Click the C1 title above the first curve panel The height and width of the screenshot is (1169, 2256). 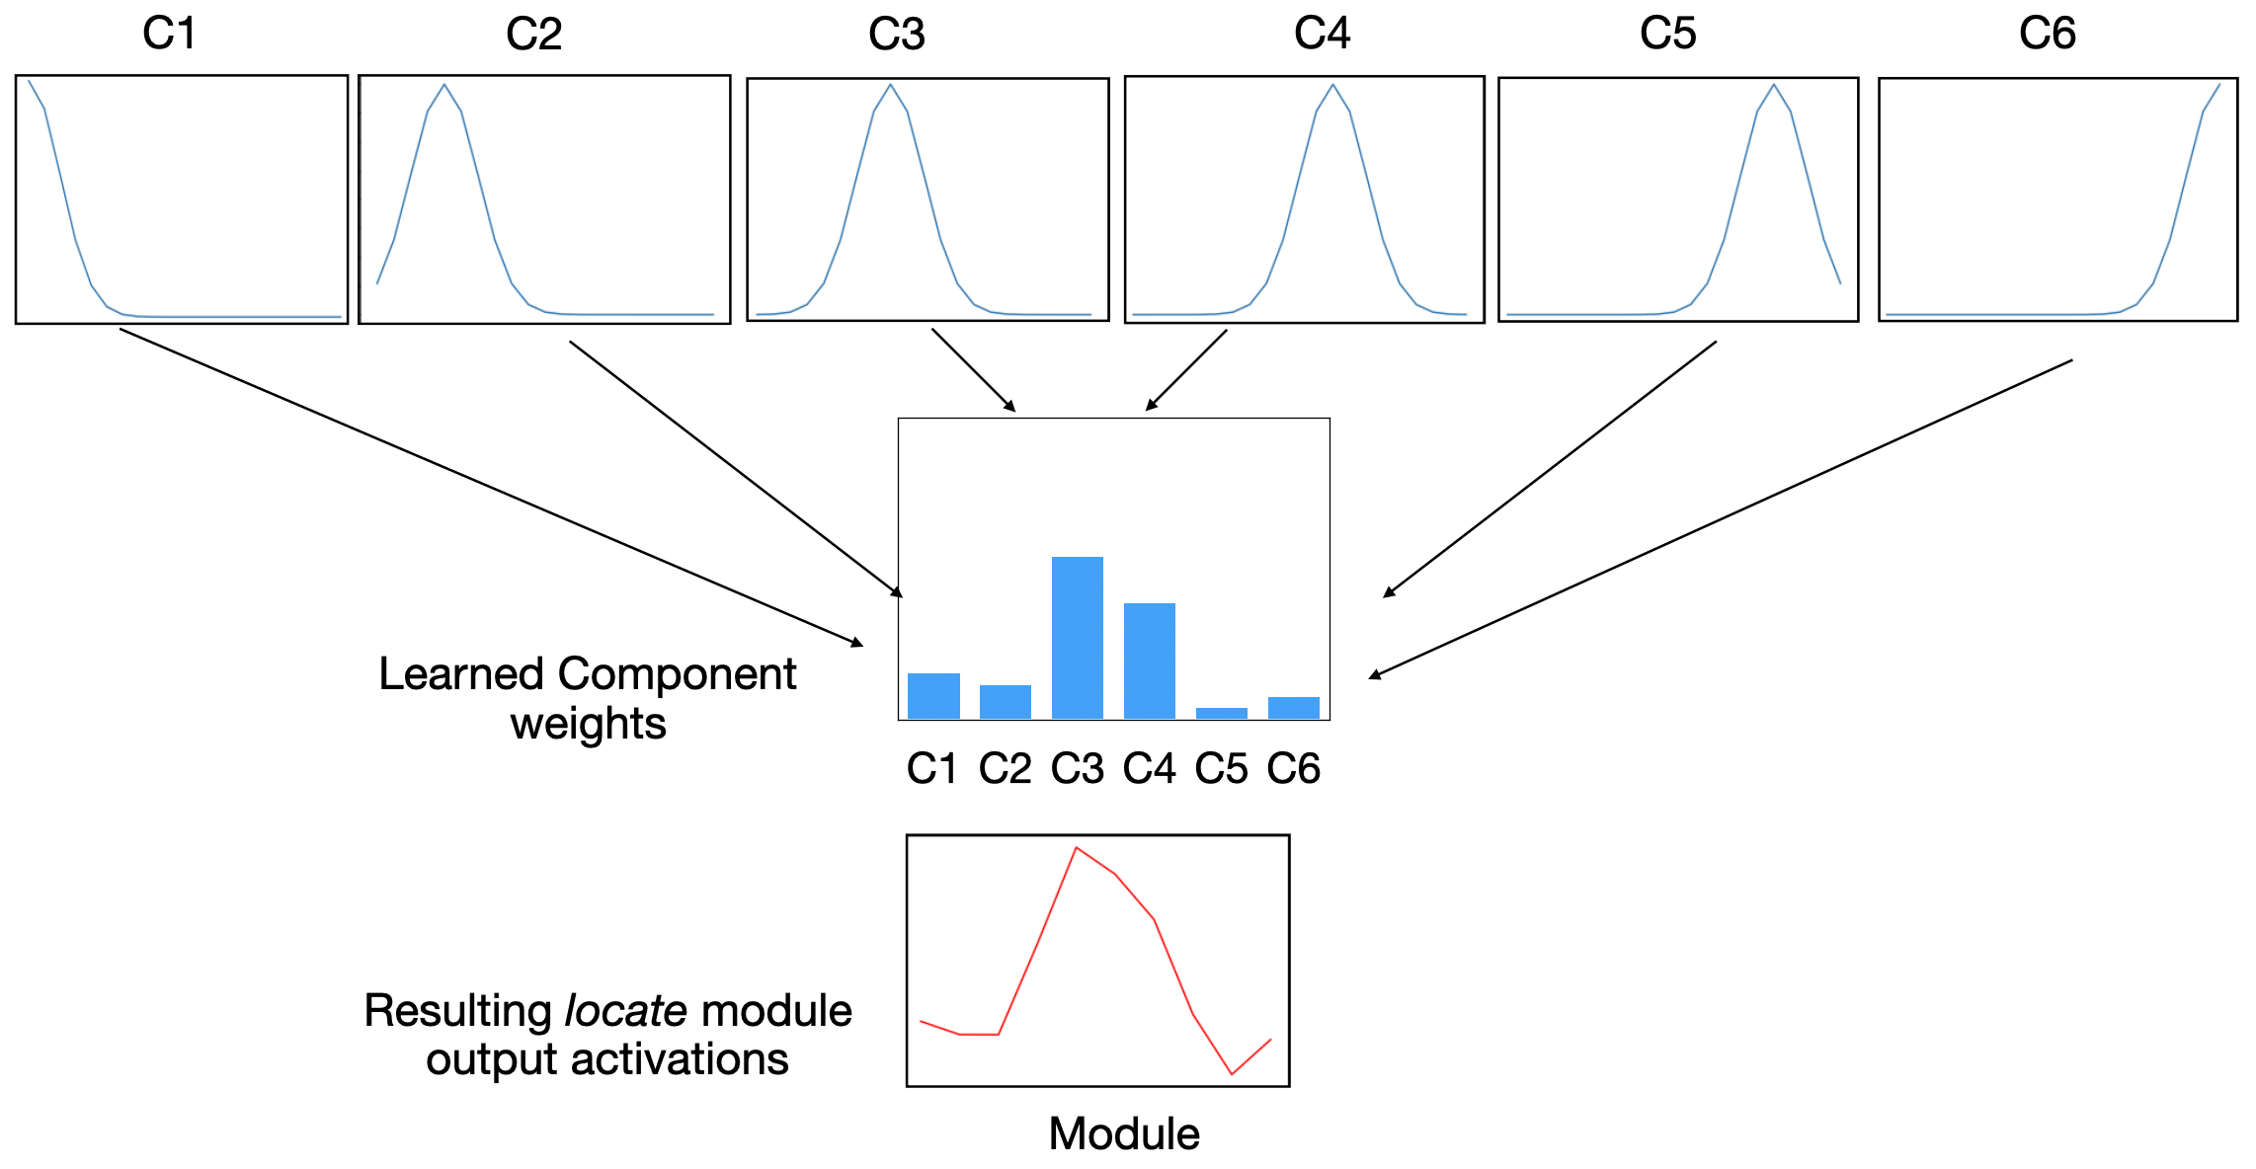pos(169,34)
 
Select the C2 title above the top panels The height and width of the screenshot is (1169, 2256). pos(533,35)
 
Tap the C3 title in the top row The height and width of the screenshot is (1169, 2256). pos(896,35)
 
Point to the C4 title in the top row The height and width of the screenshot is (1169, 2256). pos(1322,34)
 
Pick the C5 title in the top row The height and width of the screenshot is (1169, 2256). pos(1667,34)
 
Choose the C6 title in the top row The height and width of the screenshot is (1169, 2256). pos(2047,34)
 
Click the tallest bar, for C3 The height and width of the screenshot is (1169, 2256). pos(1077,637)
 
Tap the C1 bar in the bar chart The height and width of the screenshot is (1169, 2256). pos(933,695)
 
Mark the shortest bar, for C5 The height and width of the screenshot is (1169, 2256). pos(1221,712)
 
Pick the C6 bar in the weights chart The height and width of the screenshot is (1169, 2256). pos(1293,707)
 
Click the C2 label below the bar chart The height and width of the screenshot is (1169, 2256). pos(1005,768)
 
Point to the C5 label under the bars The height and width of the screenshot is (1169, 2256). pos(1221,768)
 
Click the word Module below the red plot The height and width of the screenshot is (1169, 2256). pos(1123,1133)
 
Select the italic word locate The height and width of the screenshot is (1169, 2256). pos(625,1011)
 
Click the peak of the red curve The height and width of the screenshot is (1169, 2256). pos(1076,848)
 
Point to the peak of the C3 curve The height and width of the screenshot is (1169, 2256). pos(891,85)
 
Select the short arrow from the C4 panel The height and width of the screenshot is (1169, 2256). pos(1186,369)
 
